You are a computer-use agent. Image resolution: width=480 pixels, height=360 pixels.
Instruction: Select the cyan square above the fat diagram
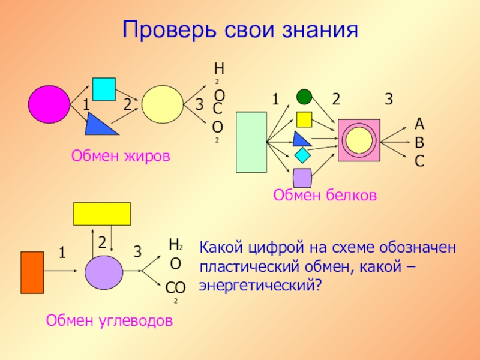click(x=103, y=89)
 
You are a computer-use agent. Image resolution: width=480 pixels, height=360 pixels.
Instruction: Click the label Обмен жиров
click(x=121, y=156)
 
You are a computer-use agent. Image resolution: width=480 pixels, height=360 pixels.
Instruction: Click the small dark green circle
click(x=304, y=96)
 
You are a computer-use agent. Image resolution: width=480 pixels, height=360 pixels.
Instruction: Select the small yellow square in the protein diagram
click(x=305, y=119)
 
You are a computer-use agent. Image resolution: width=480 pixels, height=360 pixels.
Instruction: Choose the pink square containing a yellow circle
click(x=359, y=140)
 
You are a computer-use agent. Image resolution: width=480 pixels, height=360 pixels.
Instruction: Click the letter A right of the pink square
click(x=419, y=124)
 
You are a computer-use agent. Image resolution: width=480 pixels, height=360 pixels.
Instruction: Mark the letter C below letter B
click(x=419, y=161)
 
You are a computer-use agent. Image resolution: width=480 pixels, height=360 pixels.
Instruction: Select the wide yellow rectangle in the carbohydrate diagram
click(x=102, y=214)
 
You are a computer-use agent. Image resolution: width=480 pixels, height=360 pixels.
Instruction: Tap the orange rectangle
click(x=32, y=272)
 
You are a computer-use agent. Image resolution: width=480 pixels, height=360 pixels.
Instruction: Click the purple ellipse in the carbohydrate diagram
click(x=103, y=273)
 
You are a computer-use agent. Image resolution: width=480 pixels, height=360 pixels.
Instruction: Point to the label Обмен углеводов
click(x=109, y=321)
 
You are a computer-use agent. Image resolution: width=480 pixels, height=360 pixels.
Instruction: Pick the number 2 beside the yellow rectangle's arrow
click(x=102, y=242)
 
